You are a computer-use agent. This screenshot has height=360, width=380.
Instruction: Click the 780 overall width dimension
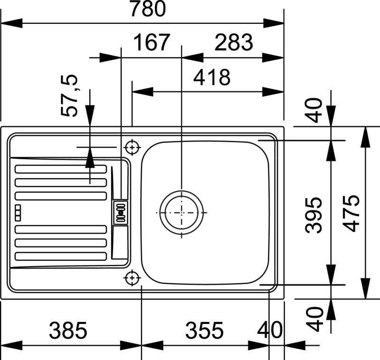[148, 9]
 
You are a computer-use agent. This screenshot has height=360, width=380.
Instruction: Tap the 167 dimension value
[152, 42]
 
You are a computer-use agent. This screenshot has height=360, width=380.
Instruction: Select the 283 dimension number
[234, 42]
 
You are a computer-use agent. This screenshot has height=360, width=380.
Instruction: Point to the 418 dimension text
[212, 77]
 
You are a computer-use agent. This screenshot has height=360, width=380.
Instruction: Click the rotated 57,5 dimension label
[70, 95]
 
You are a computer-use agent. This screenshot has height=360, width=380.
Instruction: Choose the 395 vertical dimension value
[314, 215]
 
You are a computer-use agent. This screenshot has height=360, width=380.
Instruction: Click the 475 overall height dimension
[351, 213]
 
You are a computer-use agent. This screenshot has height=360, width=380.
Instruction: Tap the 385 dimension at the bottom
[68, 330]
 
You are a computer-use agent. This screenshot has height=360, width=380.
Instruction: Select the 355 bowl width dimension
[204, 330]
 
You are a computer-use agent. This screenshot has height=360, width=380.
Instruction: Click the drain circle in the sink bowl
[181, 212]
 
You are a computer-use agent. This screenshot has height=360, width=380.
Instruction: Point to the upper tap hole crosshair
[132, 147]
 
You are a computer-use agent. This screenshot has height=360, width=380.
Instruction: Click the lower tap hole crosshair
[132, 278]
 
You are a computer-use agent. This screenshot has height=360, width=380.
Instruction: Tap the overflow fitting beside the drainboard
[121, 212]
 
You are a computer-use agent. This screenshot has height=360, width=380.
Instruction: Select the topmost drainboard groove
[61, 169]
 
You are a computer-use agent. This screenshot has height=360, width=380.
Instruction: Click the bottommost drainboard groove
[61, 256]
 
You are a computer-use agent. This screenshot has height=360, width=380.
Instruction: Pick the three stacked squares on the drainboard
[18, 212]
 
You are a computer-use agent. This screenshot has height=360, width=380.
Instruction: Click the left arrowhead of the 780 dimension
[11, 23]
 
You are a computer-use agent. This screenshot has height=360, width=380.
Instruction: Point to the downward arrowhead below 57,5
[90, 115]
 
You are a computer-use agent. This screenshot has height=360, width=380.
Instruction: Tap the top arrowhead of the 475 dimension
[365, 137]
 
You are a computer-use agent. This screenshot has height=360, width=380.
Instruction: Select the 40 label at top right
[314, 110]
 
